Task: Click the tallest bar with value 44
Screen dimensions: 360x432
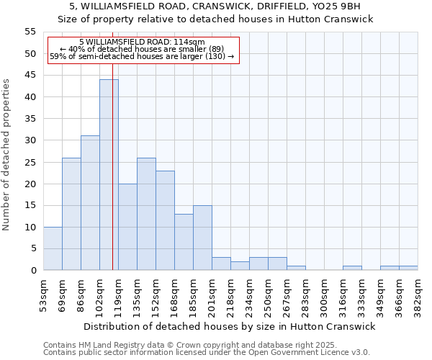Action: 109,175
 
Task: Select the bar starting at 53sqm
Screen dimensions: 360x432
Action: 53,248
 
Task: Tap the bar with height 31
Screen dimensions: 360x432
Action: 90,203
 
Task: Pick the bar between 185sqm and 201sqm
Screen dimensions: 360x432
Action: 202,238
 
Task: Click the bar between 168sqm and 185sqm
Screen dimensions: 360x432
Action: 184,242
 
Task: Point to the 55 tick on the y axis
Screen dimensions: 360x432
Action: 30,32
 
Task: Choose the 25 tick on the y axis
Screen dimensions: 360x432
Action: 30,162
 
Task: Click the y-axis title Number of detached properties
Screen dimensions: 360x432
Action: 7,155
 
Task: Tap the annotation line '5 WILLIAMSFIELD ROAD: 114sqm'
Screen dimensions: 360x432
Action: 142,42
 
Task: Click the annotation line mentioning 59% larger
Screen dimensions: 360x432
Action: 142,56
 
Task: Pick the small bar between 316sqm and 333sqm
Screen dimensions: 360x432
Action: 352,268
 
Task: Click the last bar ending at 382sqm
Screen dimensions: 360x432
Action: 408,268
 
